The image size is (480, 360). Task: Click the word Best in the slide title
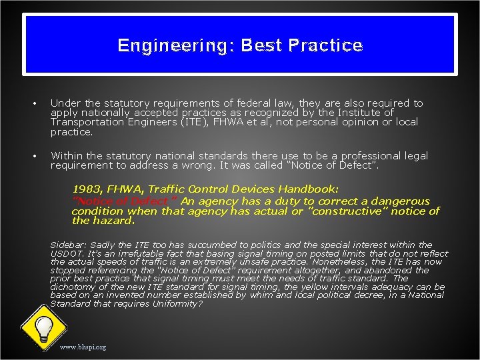[262, 45]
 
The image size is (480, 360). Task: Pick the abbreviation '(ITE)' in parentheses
[197, 122]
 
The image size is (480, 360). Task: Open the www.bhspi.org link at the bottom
[83, 347]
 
